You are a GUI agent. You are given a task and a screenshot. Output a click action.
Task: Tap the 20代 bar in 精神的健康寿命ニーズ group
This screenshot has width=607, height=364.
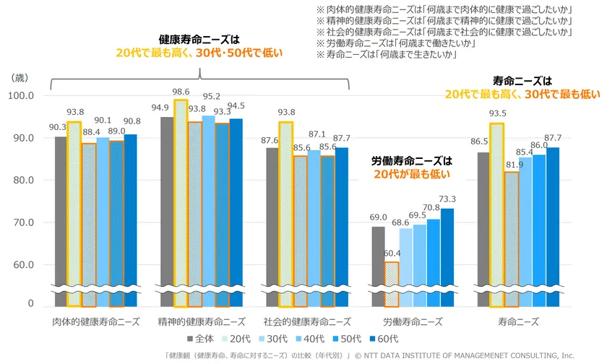(181, 202)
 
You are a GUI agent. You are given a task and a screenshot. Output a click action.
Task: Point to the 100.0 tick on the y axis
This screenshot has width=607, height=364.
(21, 95)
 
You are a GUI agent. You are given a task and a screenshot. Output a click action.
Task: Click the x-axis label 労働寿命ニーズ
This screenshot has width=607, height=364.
(413, 321)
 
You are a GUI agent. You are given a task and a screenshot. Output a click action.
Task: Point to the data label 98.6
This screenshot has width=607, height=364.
(181, 92)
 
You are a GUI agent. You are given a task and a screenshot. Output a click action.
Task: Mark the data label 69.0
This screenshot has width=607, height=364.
(379, 217)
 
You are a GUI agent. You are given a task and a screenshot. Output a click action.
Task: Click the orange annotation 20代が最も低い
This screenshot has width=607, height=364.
(412, 173)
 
